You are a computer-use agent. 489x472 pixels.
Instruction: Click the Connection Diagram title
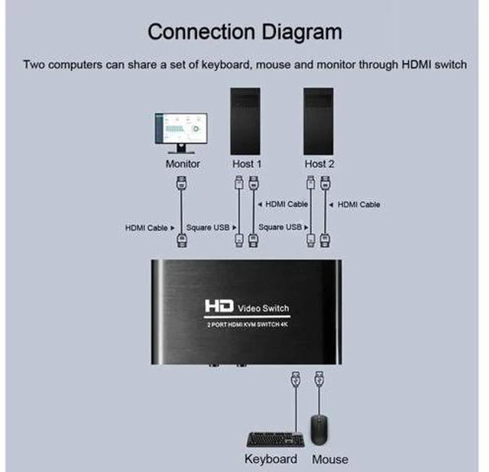click(x=244, y=33)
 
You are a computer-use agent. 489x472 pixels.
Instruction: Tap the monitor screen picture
click(x=181, y=128)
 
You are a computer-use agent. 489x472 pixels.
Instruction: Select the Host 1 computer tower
click(x=245, y=121)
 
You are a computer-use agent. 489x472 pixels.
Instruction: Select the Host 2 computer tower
click(x=319, y=121)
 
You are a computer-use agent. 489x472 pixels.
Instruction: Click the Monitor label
click(x=183, y=164)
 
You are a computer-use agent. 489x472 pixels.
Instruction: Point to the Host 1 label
click(x=247, y=164)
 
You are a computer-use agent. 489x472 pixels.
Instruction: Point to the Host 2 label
click(x=319, y=164)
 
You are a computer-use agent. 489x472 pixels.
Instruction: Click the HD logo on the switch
click(x=219, y=306)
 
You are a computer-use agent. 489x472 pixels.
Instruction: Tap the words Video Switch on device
click(x=264, y=309)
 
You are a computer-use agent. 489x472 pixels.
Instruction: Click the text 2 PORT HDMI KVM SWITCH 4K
click(x=248, y=325)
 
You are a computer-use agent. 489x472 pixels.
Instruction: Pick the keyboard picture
click(x=275, y=440)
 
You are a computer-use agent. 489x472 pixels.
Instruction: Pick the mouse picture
click(x=319, y=430)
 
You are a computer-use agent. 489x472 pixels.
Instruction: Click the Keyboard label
click(x=270, y=459)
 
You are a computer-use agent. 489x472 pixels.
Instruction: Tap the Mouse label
click(x=330, y=460)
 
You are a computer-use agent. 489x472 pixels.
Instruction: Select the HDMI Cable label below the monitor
click(x=147, y=228)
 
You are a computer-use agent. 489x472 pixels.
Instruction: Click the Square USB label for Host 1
click(x=208, y=228)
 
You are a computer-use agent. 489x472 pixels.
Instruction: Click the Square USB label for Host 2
click(x=280, y=227)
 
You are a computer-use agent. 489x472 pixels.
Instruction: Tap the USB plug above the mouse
click(x=319, y=379)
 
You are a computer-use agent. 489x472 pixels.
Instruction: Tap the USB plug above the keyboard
click(x=296, y=379)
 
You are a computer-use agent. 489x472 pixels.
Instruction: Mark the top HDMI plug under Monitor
click(x=182, y=183)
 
